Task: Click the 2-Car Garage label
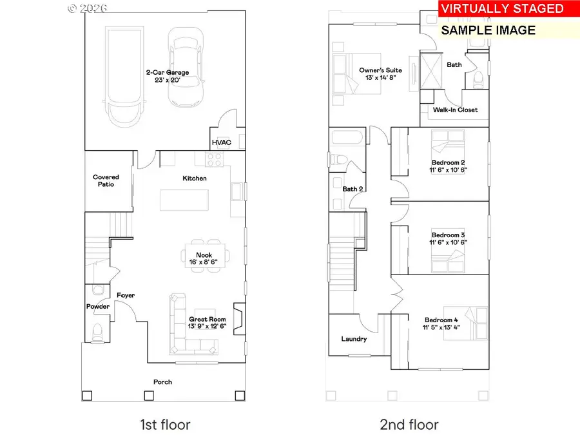click(167, 73)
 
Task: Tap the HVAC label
click(221, 142)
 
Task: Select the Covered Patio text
click(106, 180)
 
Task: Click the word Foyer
click(126, 295)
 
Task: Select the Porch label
click(162, 382)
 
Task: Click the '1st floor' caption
click(165, 424)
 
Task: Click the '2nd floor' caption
click(409, 424)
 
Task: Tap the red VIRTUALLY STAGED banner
click(501, 9)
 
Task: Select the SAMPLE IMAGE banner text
click(488, 30)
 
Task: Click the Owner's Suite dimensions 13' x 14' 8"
click(381, 78)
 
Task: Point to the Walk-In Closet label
click(455, 110)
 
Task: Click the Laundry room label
click(354, 339)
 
